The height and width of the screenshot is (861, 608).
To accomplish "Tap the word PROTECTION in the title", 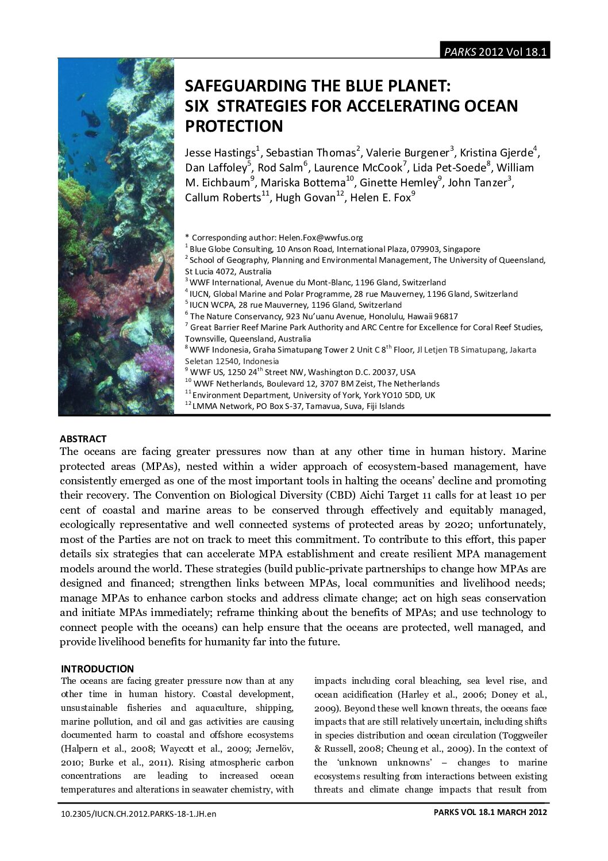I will pos(234,126).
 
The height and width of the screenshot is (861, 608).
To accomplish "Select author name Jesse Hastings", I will pos(220,153).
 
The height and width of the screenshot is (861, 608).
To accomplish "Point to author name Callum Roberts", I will pos(223,198).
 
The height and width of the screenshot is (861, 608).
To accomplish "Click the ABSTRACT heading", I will pos(83,439).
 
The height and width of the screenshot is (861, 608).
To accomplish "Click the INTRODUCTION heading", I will pos(97,669).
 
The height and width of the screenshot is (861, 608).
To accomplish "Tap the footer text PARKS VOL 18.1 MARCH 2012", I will pos(489,812).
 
